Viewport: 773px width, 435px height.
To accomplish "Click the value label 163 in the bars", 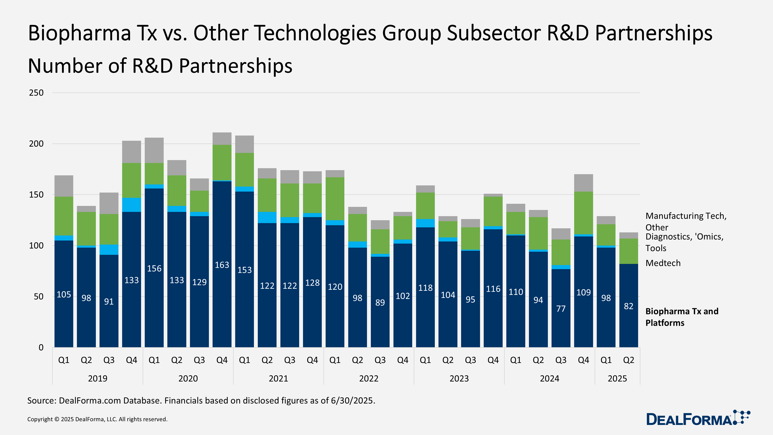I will point(222,265).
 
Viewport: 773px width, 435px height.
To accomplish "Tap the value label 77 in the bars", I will point(561,309).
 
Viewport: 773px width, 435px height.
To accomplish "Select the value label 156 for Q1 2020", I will point(154,268).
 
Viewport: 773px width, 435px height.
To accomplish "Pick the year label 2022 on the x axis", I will point(369,378).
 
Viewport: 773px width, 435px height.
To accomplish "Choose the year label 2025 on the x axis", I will point(617,378).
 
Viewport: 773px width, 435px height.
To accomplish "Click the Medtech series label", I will point(663,263).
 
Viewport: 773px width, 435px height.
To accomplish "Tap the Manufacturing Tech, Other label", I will point(686,221).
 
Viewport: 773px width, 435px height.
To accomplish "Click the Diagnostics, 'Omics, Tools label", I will point(684,242).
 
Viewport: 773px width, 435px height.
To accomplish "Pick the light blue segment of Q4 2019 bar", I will point(131,205).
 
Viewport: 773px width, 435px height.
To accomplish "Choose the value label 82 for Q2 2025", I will point(628,306).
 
